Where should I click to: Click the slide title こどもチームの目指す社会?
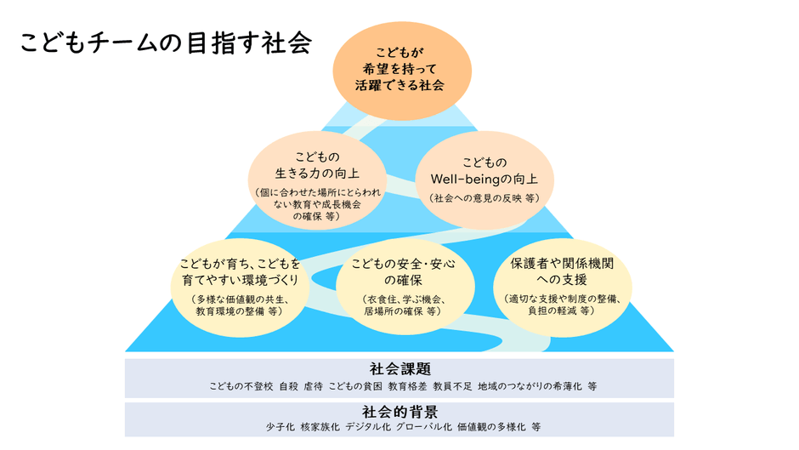166,43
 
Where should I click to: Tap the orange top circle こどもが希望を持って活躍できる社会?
402,71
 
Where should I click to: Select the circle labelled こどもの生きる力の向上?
317,180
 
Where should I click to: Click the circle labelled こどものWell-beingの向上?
484,180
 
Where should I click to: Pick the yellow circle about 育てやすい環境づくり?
240,288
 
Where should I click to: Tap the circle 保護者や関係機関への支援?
563,288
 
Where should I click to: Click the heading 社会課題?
400,368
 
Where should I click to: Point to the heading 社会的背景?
400,411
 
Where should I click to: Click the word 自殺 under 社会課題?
288,386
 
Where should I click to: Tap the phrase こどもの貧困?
355,386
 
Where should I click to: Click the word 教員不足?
452,386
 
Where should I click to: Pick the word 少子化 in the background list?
280,426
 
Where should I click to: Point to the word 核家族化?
320,426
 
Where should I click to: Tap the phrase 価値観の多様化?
491,426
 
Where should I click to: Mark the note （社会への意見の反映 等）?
484,198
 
